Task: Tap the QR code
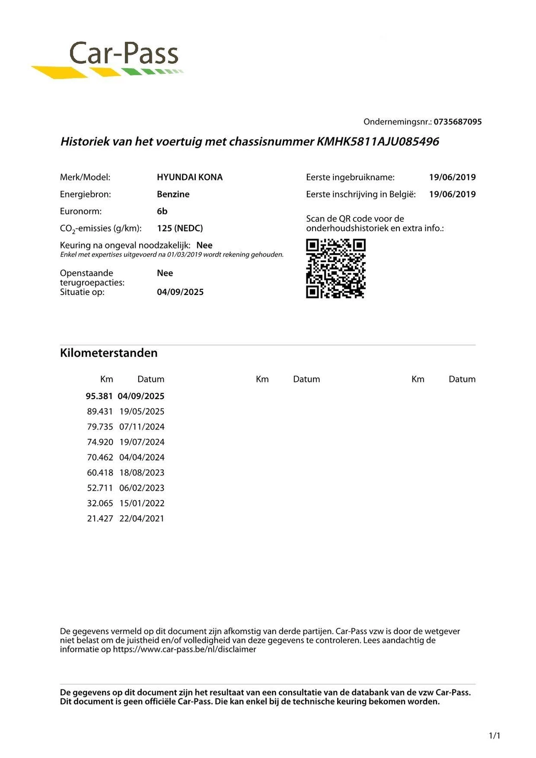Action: tap(336, 268)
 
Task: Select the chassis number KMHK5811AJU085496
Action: tap(378, 142)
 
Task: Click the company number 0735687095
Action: tap(457, 122)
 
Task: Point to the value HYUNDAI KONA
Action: tap(189, 177)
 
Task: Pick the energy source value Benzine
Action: tap(173, 194)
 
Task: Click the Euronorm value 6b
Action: tap(162, 211)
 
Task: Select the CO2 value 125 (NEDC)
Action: tap(180, 228)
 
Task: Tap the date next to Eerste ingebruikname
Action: tap(452, 177)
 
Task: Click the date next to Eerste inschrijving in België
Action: tap(452, 194)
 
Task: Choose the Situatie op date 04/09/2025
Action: tap(180, 292)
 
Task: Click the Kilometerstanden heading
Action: tap(109, 353)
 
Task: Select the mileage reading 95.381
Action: tap(99, 397)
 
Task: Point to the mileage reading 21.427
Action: tap(100, 519)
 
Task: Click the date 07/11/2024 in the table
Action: tap(142, 427)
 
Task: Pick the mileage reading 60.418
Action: tap(100, 473)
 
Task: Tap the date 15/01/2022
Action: tap(142, 503)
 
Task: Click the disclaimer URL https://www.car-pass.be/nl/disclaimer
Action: tap(184, 650)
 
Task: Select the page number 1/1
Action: tap(494, 736)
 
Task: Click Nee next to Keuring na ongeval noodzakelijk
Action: tap(204, 245)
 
